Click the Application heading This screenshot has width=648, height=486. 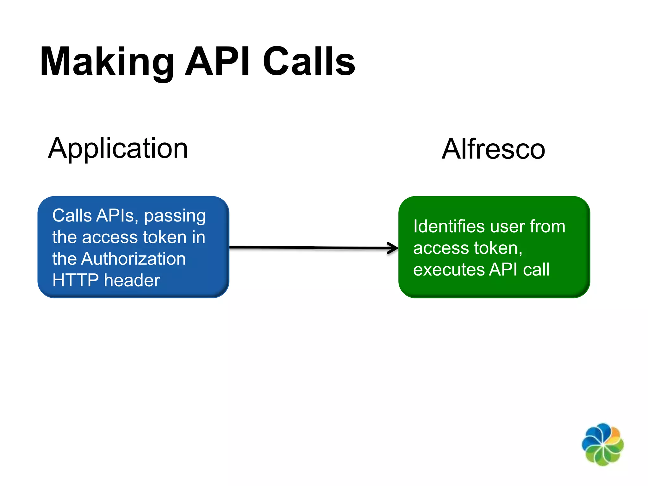[x=118, y=149]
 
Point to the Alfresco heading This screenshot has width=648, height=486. [x=493, y=149]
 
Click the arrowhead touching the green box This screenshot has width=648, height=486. [x=393, y=248]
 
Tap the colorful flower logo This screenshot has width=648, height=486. [x=602, y=445]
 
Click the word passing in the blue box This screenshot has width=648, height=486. [x=175, y=216]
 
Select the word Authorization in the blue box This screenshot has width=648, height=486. [x=133, y=259]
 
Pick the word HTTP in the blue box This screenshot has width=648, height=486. [x=76, y=280]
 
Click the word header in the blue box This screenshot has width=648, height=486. [x=132, y=280]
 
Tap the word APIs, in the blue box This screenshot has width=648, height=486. [x=117, y=216]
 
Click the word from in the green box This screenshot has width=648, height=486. [x=547, y=227]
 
